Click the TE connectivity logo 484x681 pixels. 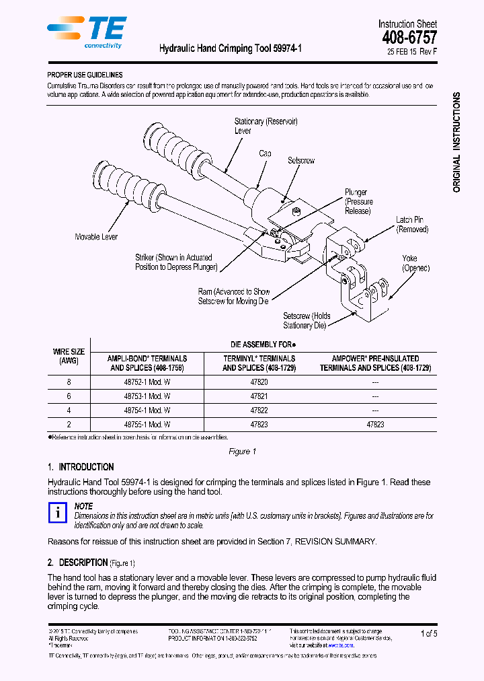[x=87, y=31]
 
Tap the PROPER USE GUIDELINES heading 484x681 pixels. [x=85, y=75]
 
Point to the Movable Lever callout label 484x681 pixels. [x=97, y=237]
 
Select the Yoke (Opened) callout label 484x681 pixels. [x=415, y=263]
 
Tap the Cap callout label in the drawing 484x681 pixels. [x=266, y=154]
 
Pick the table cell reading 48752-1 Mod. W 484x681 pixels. [x=147, y=381]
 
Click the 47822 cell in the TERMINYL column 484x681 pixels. [x=259, y=410]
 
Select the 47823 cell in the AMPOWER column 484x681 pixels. [x=375, y=425]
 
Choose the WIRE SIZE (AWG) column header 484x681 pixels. [x=69, y=356]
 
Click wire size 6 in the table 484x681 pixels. [x=68, y=396]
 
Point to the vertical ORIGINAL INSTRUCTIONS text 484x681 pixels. [x=457, y=143]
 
